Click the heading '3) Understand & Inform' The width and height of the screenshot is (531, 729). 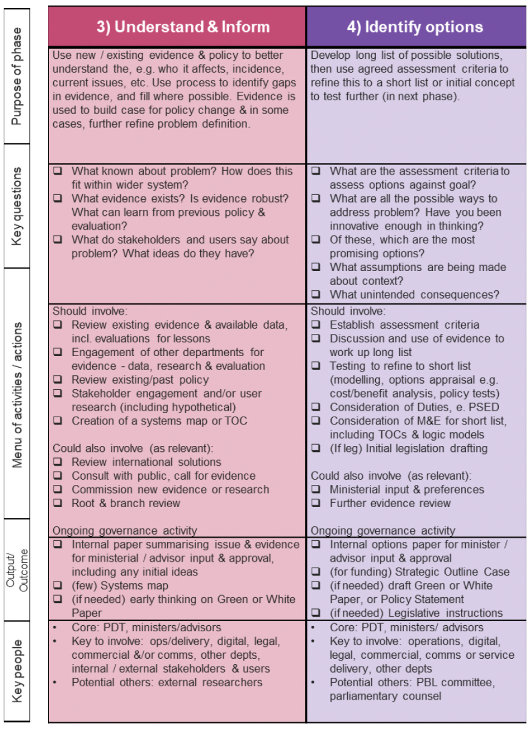pyautogui.click(x=183, y=27)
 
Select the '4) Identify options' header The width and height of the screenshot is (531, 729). pyautogui.click(x=415, y=27)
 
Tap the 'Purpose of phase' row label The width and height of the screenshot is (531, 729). pyautogui.click(x=17, y=76)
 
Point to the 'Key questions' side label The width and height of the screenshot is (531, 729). pyautogui.click(x=17, y=206)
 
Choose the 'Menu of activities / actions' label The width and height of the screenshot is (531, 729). pyautogui.click(x=17, y=395)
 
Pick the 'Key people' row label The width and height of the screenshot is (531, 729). pyautogui.click(x=17, y=671)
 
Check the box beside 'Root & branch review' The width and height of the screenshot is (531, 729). pyautogui.click(x=57, y=503)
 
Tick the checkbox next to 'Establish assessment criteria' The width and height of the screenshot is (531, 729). pyautogui.click(x=316, y=325)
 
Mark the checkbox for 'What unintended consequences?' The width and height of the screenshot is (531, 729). pyautogui.click(x=316, y=294)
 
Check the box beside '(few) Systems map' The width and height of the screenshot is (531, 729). pyautogui.click(x=57, y=585)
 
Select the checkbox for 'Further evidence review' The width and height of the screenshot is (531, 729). pyautogui.click(x=316, y=503)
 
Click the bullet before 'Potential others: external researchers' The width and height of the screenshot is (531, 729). pyautogui.click(x=55, y=683)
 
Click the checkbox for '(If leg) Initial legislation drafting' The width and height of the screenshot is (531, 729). pyautogui.click(x=316, y=448)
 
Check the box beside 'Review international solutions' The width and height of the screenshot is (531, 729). pyautogui.click(x=57, y=462)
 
